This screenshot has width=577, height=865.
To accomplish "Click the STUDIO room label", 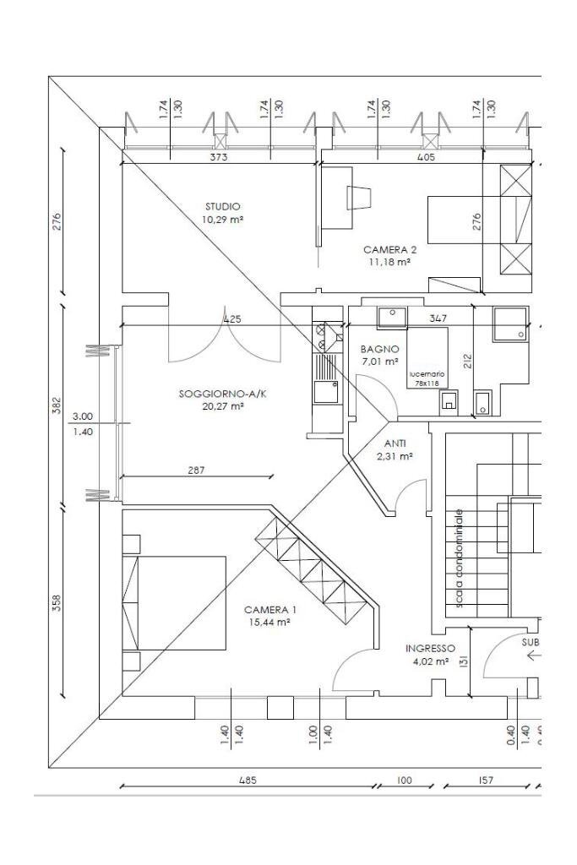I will click(222, 206).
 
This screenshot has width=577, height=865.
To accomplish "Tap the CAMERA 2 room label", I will click(389, 250).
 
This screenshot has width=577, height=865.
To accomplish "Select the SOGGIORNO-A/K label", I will click(211, 394).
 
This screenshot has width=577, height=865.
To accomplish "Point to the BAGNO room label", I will click(378, 349).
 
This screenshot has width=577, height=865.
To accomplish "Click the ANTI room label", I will click(395, 443).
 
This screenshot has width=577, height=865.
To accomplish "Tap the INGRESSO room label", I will click(430, 649).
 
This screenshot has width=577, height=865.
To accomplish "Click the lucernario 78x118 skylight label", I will click(427, 378).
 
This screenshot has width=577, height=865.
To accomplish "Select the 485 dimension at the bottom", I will click(247, 781).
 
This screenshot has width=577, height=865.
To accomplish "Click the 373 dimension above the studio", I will click(218, 156).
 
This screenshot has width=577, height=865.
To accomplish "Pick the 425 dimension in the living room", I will click(231, 319).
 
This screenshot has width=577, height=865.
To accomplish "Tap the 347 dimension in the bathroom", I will click(438, 318).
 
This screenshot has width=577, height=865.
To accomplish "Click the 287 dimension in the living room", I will click(196, 470).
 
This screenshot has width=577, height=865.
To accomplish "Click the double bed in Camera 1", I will click(174, 602).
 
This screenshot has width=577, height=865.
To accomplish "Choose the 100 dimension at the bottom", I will click(405, 781).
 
